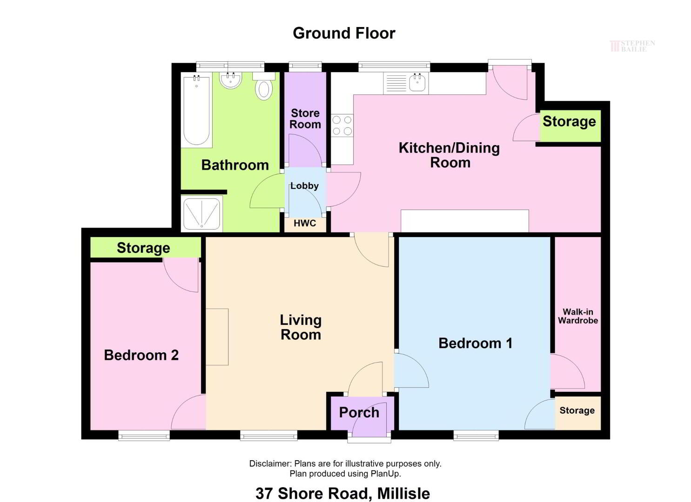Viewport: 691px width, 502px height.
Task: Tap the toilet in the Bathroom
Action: [264, 86]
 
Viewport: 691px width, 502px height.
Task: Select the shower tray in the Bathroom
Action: [202, 213]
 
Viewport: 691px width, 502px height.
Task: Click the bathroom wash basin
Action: [231, 80]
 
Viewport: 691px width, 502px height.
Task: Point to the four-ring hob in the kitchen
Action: [342, 125]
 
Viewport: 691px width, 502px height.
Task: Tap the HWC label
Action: [305, 223]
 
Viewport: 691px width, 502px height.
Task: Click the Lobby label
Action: [304, 186]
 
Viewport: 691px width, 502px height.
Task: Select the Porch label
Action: [359, 413]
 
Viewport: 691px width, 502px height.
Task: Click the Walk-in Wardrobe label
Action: [578, 316]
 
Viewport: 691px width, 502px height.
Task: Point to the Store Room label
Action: [305, 119]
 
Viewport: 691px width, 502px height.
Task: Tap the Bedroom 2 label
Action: [141, 355]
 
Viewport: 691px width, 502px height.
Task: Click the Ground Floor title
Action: [344, 33]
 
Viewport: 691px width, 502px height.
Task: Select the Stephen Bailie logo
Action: [632, 46]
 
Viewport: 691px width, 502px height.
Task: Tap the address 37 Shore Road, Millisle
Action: [343, 493]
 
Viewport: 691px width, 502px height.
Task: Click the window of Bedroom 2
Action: [144, 436]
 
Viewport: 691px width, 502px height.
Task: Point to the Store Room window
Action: [305, 66]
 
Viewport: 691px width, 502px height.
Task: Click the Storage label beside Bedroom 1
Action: [577, 410]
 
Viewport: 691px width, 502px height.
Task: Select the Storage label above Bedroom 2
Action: [143, 248]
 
